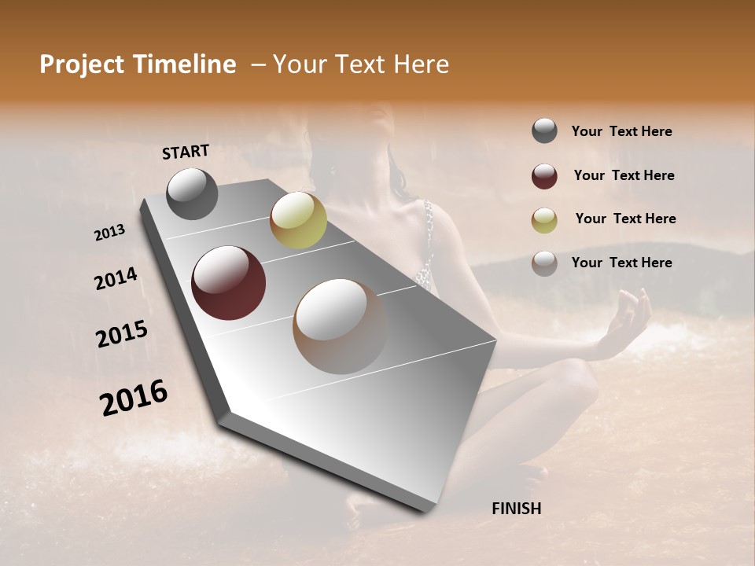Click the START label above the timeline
[x=186, y=152]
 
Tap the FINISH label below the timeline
[x=516, y=509]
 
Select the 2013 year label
[x=109, y=233]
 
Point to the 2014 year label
[x=116, y=279]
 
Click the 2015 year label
[x=122, y=334]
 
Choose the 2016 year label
[x=134, y=398]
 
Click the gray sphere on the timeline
[x=192, y=193]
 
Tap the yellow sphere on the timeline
[x=298, y=220]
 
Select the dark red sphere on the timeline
[x=228, y=283]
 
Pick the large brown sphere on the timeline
[x=340, y=325]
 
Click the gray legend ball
[x=544, y=131]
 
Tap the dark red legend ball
[x=544, y=176]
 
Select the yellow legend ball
[x=544, y=220]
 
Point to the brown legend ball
[x=544, y=263]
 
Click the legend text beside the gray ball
[x=621, y=132]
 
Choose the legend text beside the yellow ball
[x=625, y=219]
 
